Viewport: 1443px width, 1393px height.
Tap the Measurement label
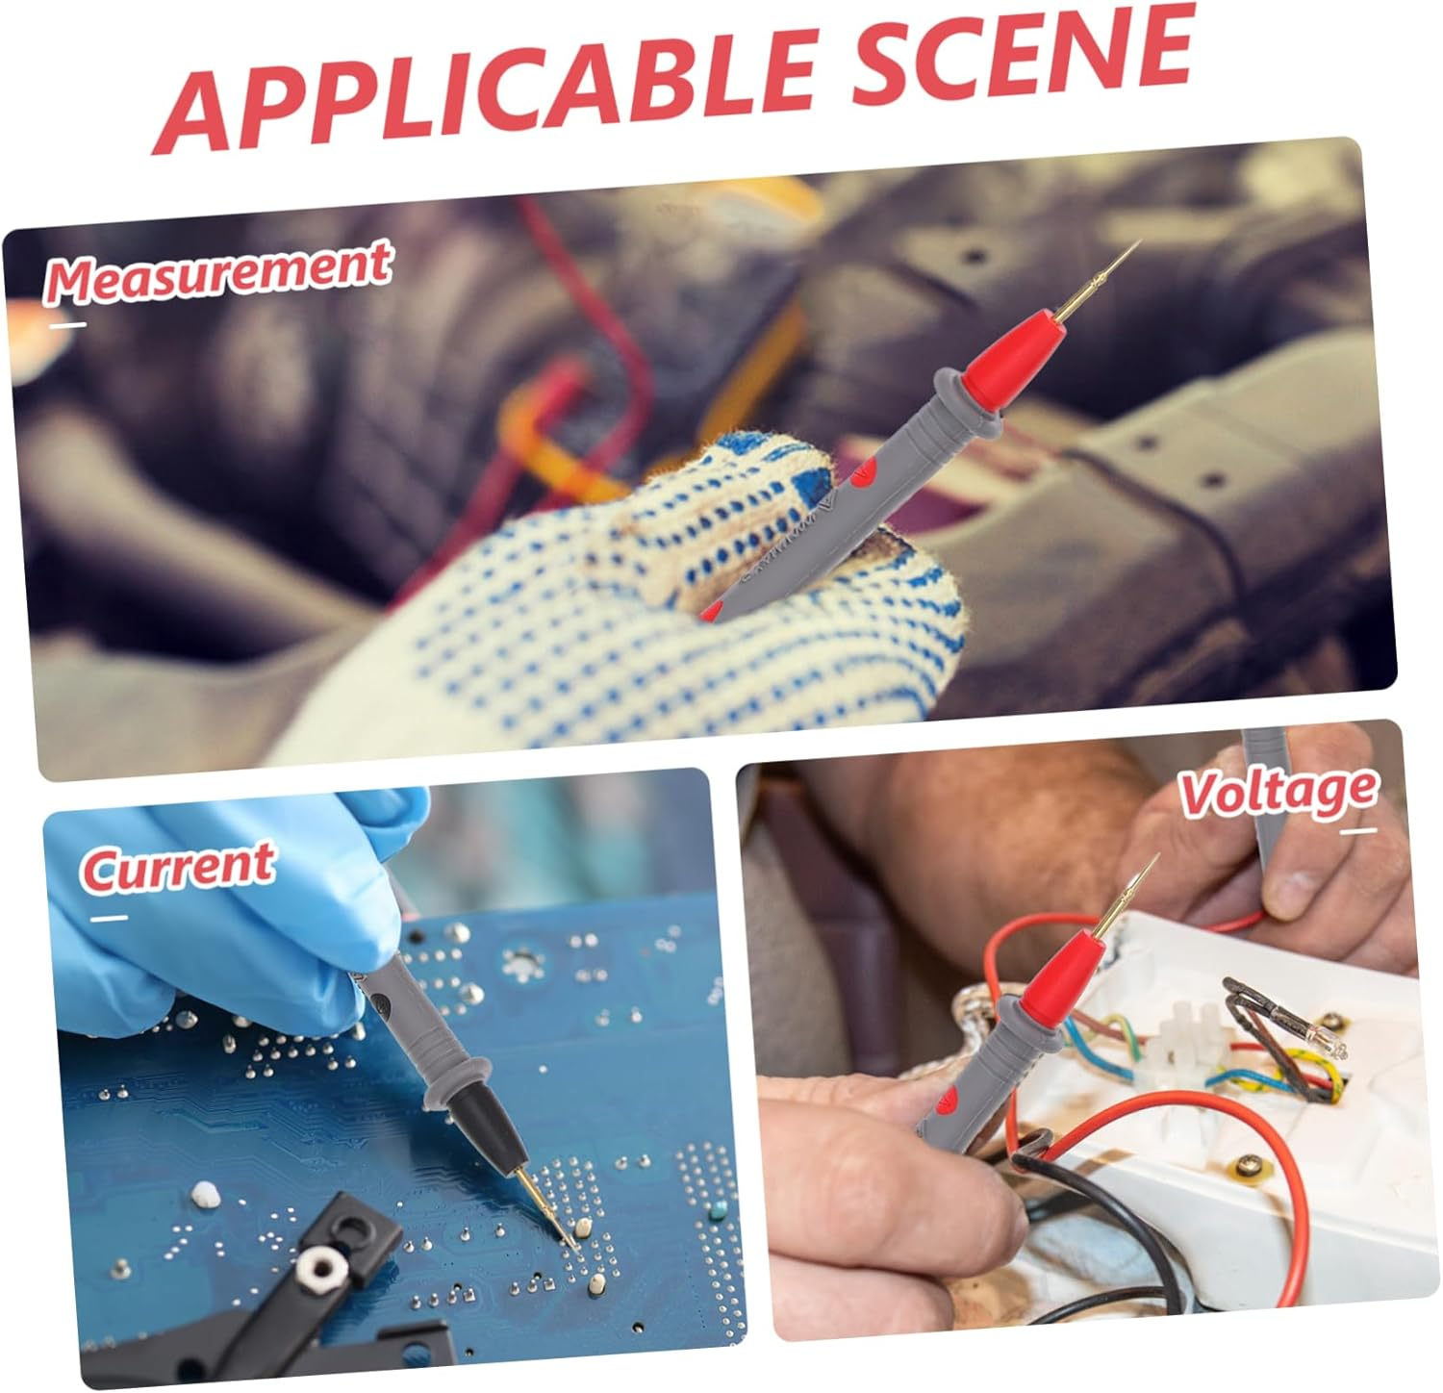pos(217,273)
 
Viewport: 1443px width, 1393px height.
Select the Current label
pos(178,866)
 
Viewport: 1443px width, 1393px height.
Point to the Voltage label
pos(1278,791)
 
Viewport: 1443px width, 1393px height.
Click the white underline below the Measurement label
pos(67,324)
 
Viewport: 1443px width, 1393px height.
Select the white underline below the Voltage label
pos(1357,831)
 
